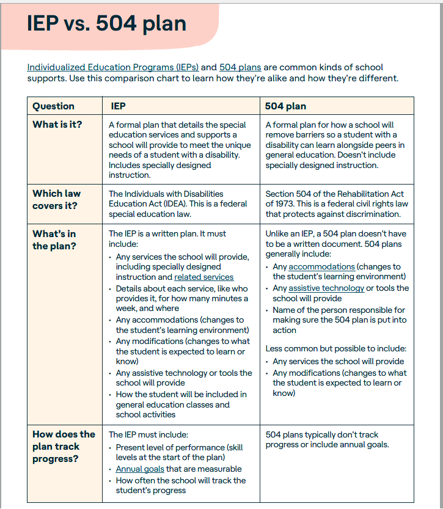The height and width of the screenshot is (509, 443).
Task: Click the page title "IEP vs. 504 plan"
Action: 106,24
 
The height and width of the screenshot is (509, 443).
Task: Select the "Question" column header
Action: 54,106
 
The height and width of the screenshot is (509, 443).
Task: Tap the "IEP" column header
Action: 119,106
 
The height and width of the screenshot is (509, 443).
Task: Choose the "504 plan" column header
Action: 285,106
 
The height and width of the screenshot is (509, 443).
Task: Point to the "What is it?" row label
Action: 57,125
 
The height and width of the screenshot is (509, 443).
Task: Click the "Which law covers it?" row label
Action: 56,199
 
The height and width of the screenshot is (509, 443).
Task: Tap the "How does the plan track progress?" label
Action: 64,446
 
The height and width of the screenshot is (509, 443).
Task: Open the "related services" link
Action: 204,277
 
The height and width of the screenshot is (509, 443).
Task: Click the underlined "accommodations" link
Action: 321,267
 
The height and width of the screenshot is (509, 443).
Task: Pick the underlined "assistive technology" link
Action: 326,288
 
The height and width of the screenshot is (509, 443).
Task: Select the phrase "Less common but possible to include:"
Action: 334,349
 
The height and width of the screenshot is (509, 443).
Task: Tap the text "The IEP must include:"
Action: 150,434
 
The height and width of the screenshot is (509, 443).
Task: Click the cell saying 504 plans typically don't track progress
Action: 327,439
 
